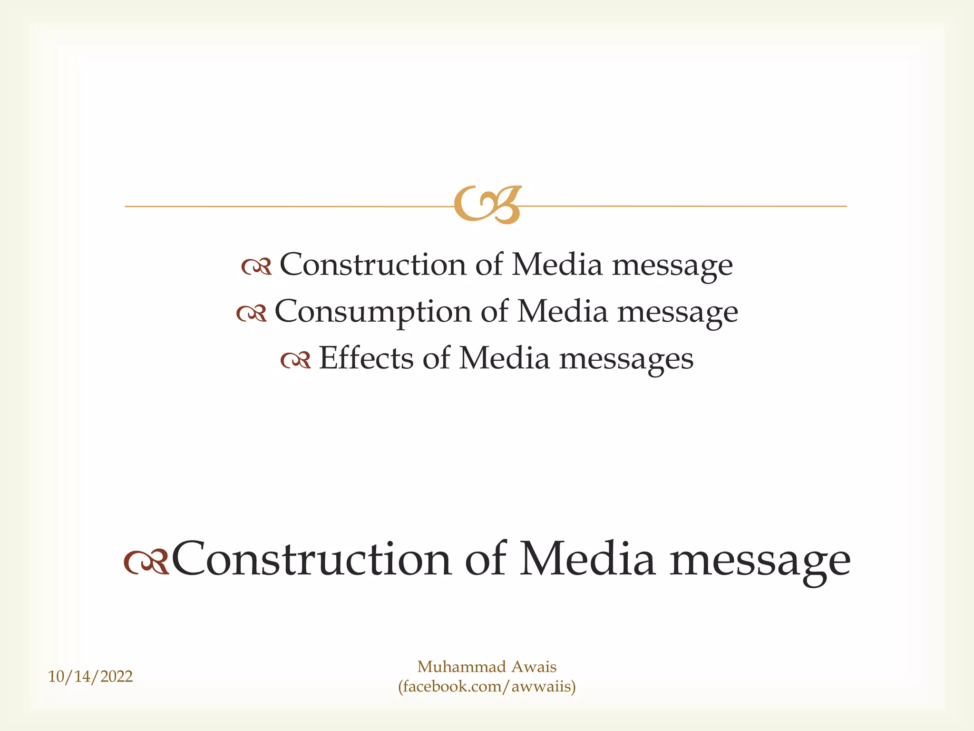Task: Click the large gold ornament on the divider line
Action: pyautogui.click(x=487, y=205)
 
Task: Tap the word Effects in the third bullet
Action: pyautogui.click(x=366, y=358)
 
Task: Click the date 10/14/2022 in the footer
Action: pyautogui.click(x=90, y=676)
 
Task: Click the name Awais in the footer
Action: pyautogui.click(x=534, y=667)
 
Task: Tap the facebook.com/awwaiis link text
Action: pyautogui.click(x=487, y=686)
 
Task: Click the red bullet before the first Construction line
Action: pyautogui.click(x=256, y=267)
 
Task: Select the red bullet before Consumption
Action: pyautogui.click(x=252, y=313)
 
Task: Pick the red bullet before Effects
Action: pyautogui.click(x=295, y=360)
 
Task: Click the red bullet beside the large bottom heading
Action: pyautogui.click(x=146, y=562)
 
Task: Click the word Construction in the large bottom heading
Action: pyautogui.click(x=311, y=559)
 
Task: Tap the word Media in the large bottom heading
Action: pyautogui.click(x=587, y=559)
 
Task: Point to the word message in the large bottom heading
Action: pyautogui.click(x=760, y=562)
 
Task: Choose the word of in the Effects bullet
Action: pyautogui.click(x=436, y=358)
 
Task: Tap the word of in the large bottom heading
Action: pyautogui.click(x=486, y=559)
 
